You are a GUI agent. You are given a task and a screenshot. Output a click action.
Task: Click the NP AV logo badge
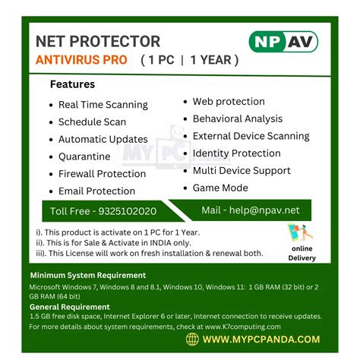[x=283, y=42]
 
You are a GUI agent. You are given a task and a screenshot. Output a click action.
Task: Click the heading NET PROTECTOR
[x=98, y=41]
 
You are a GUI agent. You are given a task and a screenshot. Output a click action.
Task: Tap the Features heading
[x=72, y=84]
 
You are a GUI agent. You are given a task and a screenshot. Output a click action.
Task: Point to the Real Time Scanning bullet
[x=103, y=105]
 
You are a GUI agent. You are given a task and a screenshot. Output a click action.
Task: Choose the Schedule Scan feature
[x=92, y=122]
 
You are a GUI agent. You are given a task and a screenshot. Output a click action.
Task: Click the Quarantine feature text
[x=84, y=156]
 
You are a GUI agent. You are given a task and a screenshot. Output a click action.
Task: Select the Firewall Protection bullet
[x=102, y=174]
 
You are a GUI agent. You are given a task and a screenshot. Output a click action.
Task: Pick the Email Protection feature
[x=96, y=191]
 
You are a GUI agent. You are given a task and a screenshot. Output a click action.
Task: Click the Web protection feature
[x=229, y=101]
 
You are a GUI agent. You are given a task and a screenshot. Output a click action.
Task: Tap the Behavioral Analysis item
[x=237, y=118]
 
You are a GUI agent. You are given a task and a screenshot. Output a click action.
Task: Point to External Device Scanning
[x=251, y=136]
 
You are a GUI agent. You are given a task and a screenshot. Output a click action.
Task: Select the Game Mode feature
[x=220, y=188]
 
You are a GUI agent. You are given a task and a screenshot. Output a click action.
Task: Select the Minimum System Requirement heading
[x=87, y=275]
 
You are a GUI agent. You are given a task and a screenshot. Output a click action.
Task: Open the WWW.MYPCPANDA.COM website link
[x=261, y=339]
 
